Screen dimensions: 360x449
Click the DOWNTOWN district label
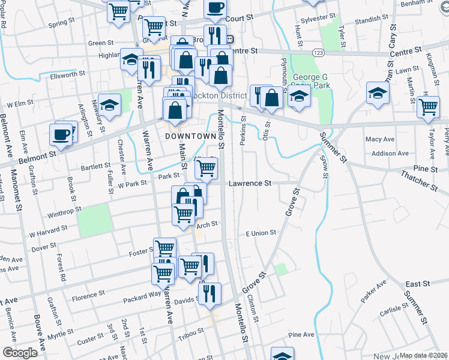click(x=190, y=136)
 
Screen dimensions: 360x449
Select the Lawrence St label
click(x=250, y=182)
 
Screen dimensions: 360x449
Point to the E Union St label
click(x=259, y=232)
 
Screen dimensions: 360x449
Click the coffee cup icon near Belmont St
click(x=61, y=135)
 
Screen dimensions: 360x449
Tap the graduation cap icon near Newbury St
click(x=110, y=106)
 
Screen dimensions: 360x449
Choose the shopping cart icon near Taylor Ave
click(x=428, y=107)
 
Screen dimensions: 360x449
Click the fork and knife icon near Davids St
click(x=209, y=293)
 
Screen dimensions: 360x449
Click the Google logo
click(x=20, y=353)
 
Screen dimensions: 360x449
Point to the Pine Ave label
click(x=301, y=334)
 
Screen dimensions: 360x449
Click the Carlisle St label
click(x=393, y=309)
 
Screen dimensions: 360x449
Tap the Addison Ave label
click(x=390, y=154)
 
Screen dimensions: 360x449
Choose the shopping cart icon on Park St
click(x=206, y=169)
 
